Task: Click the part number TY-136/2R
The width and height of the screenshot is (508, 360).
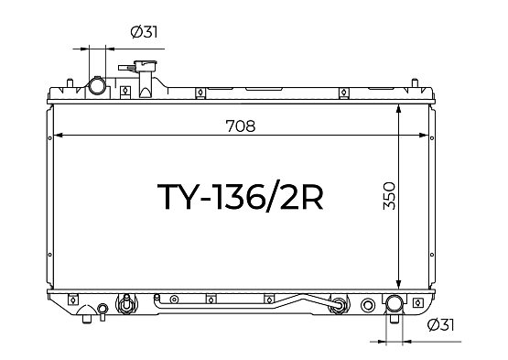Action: click(240, 197)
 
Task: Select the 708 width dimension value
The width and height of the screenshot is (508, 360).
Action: click(241, 125)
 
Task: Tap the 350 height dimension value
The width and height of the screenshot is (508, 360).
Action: click(389, 196)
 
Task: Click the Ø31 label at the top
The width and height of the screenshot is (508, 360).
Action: click(145, 32)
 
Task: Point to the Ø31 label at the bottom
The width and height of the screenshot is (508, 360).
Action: click(440, 324)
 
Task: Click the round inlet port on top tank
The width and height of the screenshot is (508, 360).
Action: click(97, 85)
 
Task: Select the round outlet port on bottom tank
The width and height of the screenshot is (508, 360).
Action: click(394, 303)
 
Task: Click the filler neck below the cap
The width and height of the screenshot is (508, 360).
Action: click(146, 84)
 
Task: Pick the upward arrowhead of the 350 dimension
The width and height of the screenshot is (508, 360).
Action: click(399, 109)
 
